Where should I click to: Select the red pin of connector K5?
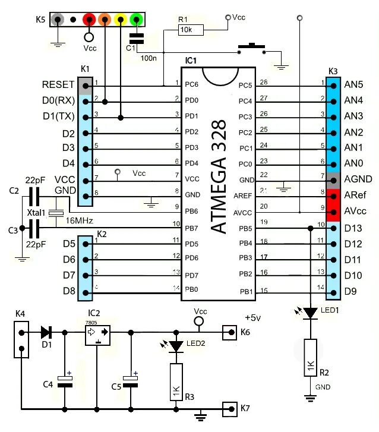89,19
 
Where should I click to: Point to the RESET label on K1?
58,84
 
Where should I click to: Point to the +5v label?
253,318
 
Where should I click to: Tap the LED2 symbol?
176,345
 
